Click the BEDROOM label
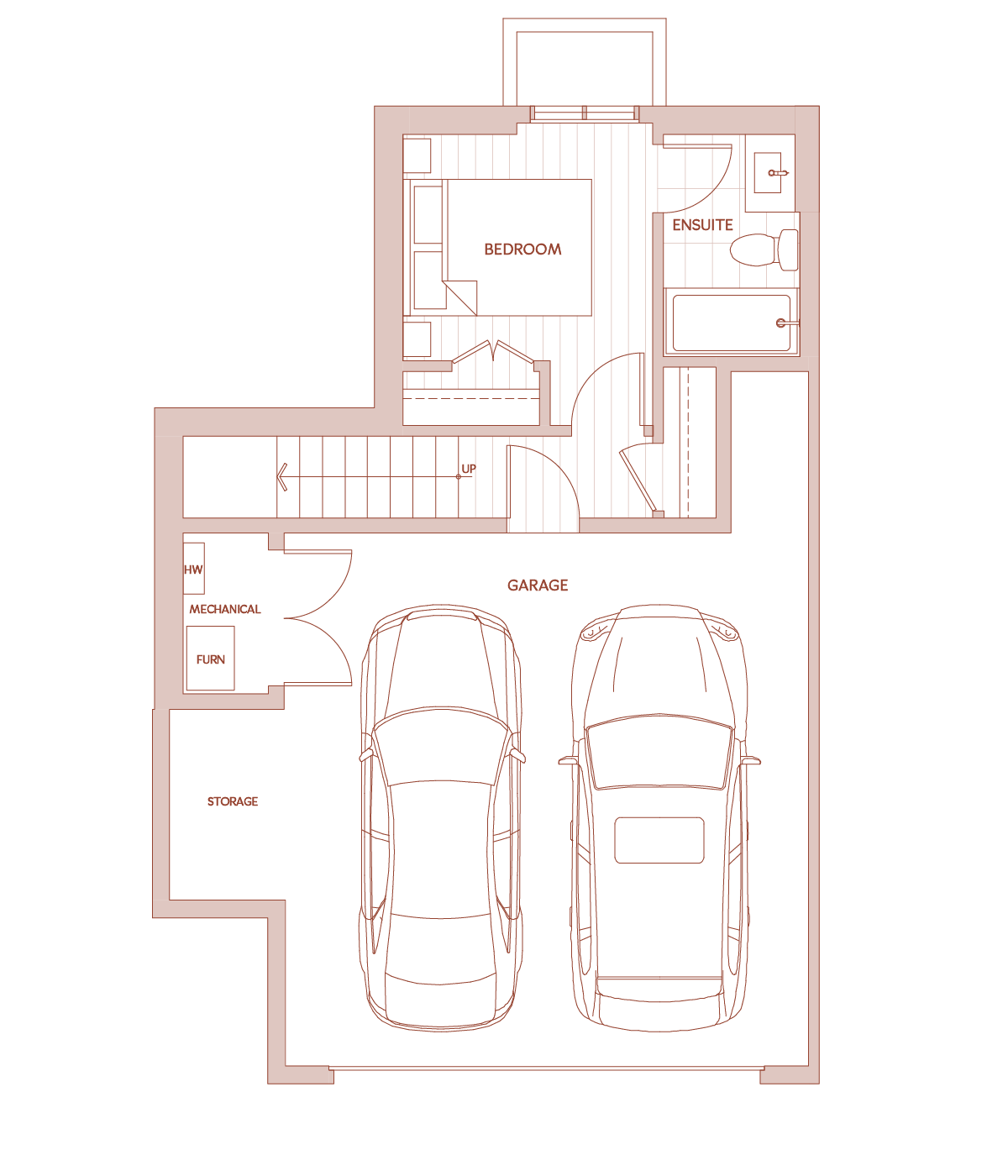point(522,249)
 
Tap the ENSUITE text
point(702,224)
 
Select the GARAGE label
point(538,585)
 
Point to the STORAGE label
point(233,801)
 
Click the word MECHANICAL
point(224,609)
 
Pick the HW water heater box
point(193,568)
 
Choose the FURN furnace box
point(211,659)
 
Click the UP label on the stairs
point(469,469)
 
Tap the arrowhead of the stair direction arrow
point(282,477)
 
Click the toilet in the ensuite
point(764,249)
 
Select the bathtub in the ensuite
point(732,323)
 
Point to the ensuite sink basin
point(768,172)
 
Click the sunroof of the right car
point(659,840)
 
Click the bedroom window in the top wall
point(585,113)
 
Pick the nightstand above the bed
point(417,155)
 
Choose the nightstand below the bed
point(417,339)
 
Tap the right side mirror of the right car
point(751,760)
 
